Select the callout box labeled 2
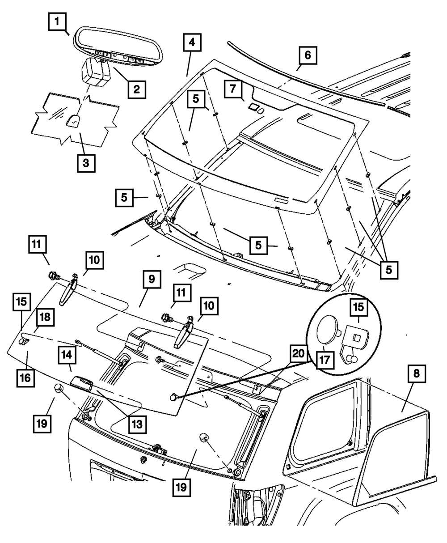(136, 89)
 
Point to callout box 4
(192, 43)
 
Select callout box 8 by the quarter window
(415, 375)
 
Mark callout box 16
(25, 378)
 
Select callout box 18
(46, 318)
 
